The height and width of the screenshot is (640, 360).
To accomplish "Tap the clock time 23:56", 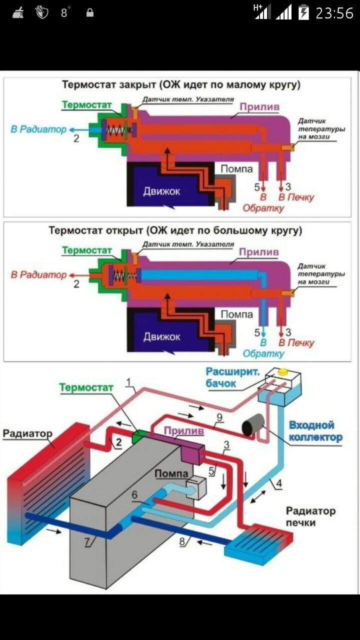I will coord(334,13).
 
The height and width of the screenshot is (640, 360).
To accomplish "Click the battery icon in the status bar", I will coord(303,12).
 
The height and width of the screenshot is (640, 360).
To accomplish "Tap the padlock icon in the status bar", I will coord(90,13).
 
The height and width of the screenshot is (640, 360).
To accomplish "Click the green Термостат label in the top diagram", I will coord(86,105).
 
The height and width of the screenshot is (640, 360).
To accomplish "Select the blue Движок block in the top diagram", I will coord(161,191).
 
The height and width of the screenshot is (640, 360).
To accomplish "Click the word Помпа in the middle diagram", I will coord(236,314).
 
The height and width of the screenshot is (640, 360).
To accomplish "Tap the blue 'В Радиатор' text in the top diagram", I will coord(38,129).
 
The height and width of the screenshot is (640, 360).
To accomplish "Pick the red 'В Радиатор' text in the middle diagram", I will coord(38,274).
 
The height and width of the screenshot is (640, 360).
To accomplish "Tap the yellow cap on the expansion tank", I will coord(283,372).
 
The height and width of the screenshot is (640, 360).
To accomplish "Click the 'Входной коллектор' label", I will coord(315,431).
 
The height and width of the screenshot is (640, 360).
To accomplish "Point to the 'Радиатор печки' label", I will coord(310,517).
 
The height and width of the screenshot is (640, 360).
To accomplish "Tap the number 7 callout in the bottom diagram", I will coord(87,541).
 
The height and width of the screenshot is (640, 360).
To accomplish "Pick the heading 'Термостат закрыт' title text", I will coord(180,84).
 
